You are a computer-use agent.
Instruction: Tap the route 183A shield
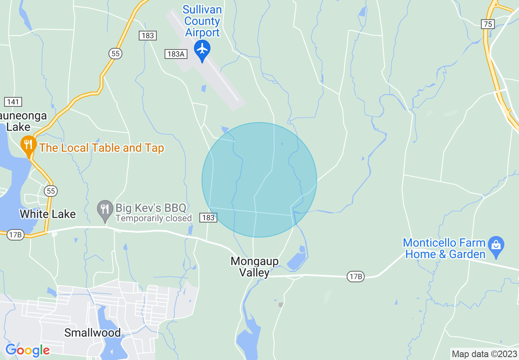pyautogui.click(x=175, y=54)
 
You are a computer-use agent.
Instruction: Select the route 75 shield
pyautogui.click(x=487, y=24)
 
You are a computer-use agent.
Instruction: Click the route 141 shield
pyautogui.click(x=13, y=102)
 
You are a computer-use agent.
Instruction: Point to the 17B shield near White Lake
pyautogui.click(x=16, y=235)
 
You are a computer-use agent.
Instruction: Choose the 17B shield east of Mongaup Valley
pyautogui.click(x=356, y=277)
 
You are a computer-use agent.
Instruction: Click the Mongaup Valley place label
pyautogui.click(x=254, y=267)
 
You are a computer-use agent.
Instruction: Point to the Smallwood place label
pyautogui.click(x=93, y=333)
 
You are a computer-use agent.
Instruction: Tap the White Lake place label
pyautogui.click(x=47, y=214)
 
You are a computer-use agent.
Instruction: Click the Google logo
pyautogui.click(x=28, y=351)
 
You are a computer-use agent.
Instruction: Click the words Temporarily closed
pyautogui.click(x=153, y=218)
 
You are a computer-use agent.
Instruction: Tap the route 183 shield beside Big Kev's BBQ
pyautogui.click(x=208, y=218)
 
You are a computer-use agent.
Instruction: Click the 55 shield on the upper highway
pyautogui.click(x=115, y=53)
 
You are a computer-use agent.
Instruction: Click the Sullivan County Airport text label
pyautogui.click(x=202, y=21)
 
